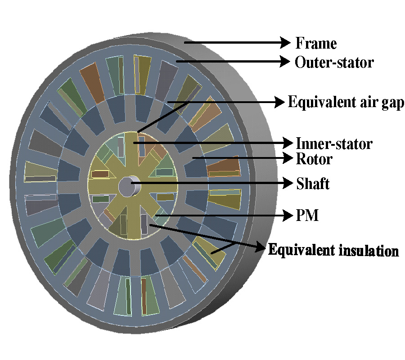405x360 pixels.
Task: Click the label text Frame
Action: pyautogui.click(x=316, y=43)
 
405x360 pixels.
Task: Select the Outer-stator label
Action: pyautogui.click(x=334, y=62)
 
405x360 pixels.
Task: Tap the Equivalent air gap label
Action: pyautogui.click(x=346, y=102)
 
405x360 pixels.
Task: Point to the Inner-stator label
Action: pyautogui.click(x=334, y=144)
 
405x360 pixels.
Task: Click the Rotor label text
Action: pyautogui.click(x=314, y=158)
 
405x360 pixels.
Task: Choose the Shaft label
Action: pyautogui.click(x=313, y=183)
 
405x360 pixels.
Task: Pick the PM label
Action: pyautogui.click(x=307, y=216)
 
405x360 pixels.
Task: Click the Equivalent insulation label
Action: pyautogui.click(x=333, y=250)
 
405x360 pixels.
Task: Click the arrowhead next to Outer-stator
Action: pyautogui.click(x=284, y=62)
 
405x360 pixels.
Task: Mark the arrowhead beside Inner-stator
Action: pyautogui.click(x=287, y=144)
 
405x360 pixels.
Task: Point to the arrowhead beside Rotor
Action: pyautogui.click(x=287, y=158)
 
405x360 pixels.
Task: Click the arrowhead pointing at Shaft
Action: pyautogui.click(x=287, y=183)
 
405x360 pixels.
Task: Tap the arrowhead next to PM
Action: pyautogui.click(x=287, y=216)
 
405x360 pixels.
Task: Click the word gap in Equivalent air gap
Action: pyautogui.click(x=392, y=103)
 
